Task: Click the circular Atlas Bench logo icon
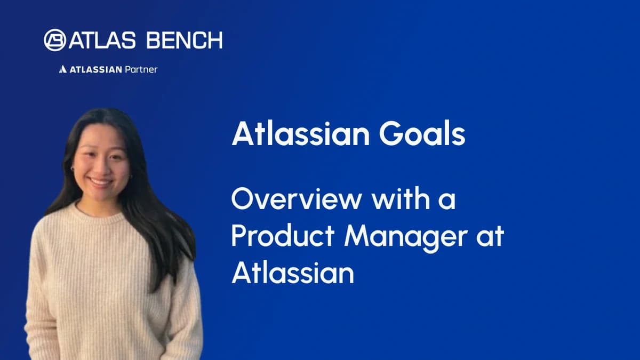[x=55, y=40]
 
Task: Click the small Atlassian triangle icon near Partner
[x=62, y=69]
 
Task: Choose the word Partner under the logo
[x=141, y=69]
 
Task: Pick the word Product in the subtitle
[x=283, y=237]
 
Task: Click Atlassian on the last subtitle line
[x=293, y=274]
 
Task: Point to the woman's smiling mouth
[x=100, y=182]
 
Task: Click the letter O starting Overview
[x=242, y=202]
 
